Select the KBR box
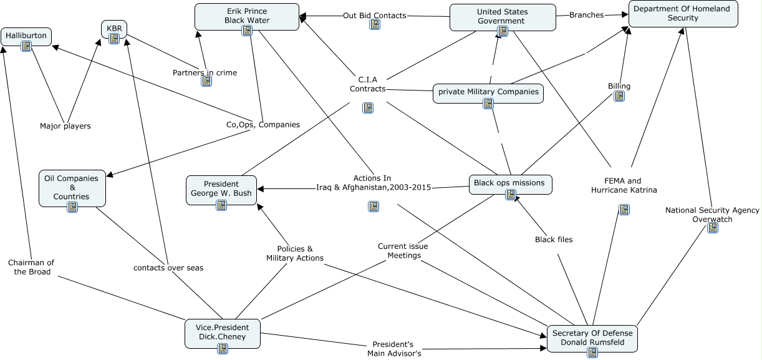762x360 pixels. (x=114, y=29)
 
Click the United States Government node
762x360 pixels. (x=502, y=16)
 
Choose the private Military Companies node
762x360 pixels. (x=488, y=92)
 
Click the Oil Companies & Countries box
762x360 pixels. (x=72, y=187)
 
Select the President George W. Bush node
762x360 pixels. (x=221, y=188)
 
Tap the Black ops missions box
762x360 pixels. (x=509, y=183)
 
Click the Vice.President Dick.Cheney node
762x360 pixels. (x=223, y=332)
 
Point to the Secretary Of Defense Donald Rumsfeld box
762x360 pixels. (x=592, y=337)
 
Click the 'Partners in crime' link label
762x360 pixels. (x=205, y=72)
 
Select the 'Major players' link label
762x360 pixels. (x=65, y=126)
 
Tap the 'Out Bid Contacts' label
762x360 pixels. (x=374, y=15)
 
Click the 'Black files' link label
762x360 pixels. (x=554, y=240)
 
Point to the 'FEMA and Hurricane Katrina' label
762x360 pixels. (x=624, y=185)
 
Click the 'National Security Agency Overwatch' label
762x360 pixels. (x=712, y=215)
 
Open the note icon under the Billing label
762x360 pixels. (x=619, y=96)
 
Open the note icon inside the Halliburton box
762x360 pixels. (x=26, y=46)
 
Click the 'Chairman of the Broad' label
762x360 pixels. (x=31, y=267)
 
